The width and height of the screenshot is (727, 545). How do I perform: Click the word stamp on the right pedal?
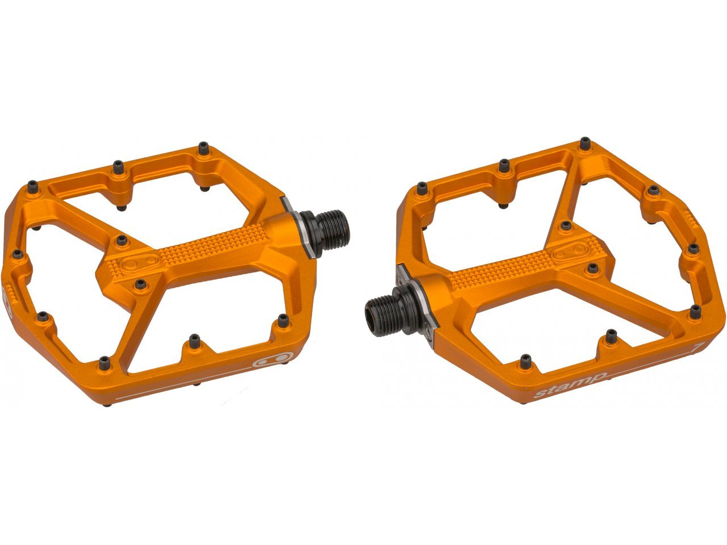pos(571,385)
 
